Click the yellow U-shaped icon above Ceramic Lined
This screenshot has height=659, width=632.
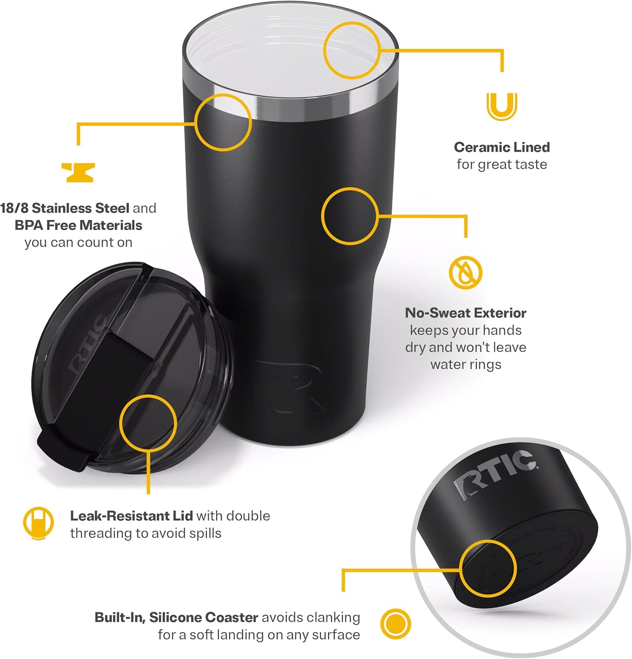click(502, 106)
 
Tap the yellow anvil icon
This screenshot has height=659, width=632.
click(78, 172)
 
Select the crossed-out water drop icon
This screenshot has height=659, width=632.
click(465, 272)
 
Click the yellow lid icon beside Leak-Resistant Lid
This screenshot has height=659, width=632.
click(38, 523)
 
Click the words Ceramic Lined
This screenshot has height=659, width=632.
click(502, 147)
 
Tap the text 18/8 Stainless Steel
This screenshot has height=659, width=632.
click(65, 208)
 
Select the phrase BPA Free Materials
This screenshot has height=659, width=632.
click(78, 225)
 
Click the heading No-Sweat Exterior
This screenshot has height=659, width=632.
click(466, 313)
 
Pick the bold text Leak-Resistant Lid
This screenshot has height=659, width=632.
click(131, 516)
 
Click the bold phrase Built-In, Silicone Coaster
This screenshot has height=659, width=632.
click(176, 617)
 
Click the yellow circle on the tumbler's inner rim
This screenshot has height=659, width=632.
click(352, 51)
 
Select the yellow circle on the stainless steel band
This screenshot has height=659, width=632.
click(223, 122)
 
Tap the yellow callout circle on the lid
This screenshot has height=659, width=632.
click(148, 422)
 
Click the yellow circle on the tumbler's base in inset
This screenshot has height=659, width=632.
click(488, 569)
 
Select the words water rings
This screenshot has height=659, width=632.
click(466, 365)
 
